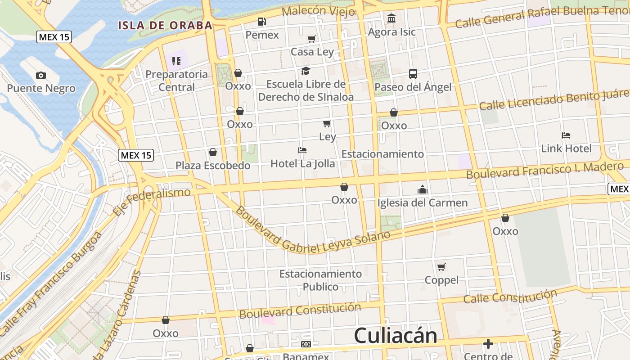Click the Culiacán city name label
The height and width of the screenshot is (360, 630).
pos(395,336)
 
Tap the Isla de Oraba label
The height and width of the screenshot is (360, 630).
pos(165,25)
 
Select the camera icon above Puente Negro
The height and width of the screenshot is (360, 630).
pos(41,75)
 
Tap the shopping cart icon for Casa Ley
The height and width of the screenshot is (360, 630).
pos(312,39)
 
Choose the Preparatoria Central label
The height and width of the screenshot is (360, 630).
pos(176,81)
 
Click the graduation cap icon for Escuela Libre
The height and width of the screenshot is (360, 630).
pos(306,71)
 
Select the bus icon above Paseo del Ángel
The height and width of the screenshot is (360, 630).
pos(413,74)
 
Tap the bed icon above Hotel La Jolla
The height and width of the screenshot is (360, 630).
pos(302,150)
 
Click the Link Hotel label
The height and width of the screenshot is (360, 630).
pos(566,148)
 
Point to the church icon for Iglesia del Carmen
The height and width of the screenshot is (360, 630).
pos(422,189)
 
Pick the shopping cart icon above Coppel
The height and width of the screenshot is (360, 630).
pos(441,267)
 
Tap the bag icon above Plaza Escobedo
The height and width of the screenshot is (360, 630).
pos(213,153)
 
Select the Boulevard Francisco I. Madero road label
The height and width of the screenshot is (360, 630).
pos(544,170)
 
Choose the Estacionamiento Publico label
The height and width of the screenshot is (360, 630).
pos(320,280)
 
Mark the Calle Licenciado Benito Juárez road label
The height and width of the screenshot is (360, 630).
pos(553,100)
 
